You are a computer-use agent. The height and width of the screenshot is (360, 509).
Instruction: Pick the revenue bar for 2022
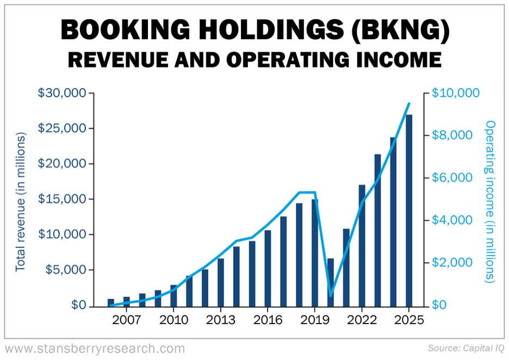pyautogui.click(x=362, y=245)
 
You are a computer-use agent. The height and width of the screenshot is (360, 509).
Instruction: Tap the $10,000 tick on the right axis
pyautogui.click(x=456, y=93)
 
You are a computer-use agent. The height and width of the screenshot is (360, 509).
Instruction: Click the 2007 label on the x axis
pyautogui.click(x=126, y=319)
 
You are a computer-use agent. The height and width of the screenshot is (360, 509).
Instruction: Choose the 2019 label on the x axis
pyautogui.click(x=315, y=319)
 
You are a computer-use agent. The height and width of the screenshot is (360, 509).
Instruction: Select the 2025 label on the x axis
pyautogui.click(x=409, y=319)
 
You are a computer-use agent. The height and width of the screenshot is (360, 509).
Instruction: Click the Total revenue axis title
pyautogui.click(x=20, y=201)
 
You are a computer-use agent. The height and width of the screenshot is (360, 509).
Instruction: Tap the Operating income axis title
pyautogui.click(x=491, y=201)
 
